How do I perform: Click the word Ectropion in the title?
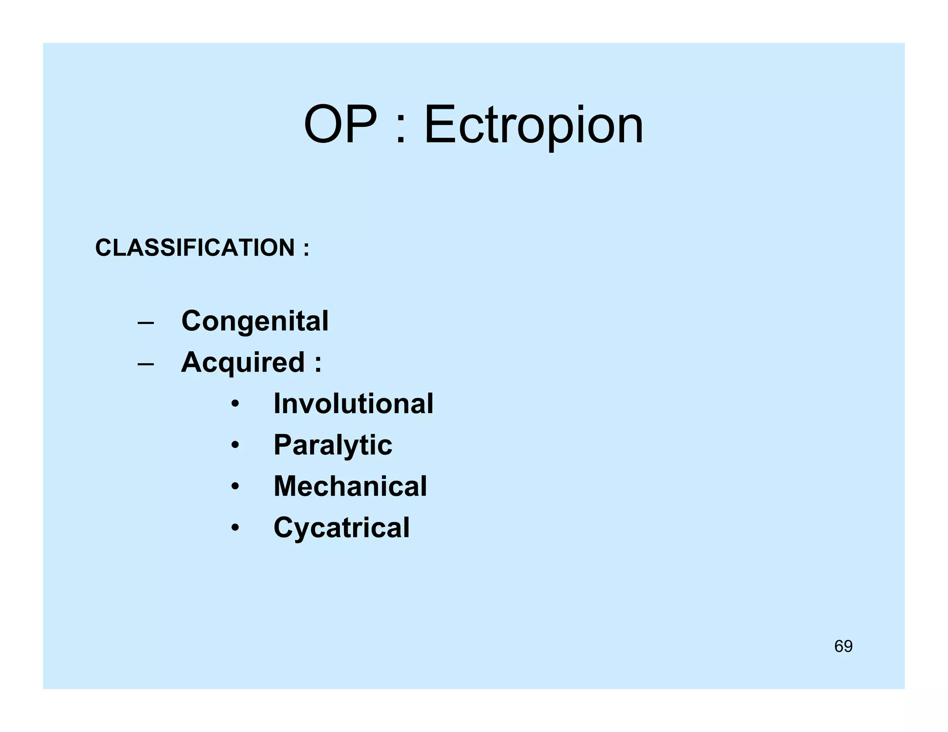click(533, 125)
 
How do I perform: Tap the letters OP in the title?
click(340, 125)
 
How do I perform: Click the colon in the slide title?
click(401, 130)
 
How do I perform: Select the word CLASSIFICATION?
click(195, 248)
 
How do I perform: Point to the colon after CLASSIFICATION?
click(306, 249)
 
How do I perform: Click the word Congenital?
click(255, 321)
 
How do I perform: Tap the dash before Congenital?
click(146, 323)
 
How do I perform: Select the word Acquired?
click(243, 362)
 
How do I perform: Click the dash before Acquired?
click(146, 364)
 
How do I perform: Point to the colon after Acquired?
click(318, 364)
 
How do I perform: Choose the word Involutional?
click(353, 403)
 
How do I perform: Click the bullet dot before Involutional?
click(236, 404)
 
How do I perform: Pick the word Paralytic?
click(333, 445)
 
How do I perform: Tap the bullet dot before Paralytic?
click(236, 446)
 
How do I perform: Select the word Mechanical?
click(350, 486)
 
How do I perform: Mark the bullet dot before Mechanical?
click(236, 487)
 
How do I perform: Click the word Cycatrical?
click(341, 527)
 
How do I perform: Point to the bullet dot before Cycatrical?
click(236, 528)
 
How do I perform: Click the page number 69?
click(843, 646)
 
